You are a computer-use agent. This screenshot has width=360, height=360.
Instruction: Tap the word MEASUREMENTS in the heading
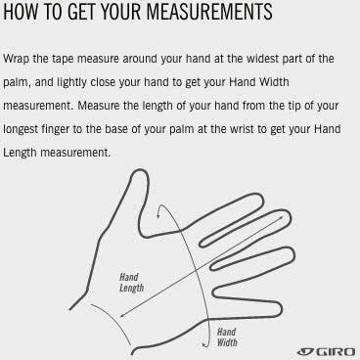point(209,12)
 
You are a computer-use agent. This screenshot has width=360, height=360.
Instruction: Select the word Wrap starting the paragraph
point(16,60)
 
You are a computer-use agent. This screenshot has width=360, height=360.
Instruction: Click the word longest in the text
point(21,130)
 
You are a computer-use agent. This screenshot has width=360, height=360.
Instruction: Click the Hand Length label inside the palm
point(131,283)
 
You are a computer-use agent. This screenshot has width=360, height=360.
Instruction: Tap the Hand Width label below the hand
point(227,337)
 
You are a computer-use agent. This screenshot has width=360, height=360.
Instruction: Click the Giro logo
point(326,351)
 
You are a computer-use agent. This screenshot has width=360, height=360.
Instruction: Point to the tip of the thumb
point(140,170)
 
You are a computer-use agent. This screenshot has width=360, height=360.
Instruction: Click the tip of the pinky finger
point(282,308)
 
